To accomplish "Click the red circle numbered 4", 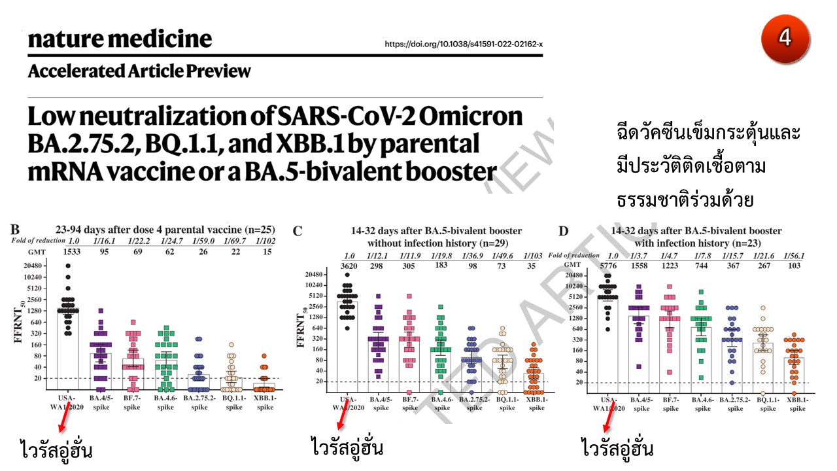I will [785, 37].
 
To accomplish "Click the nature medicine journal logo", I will [120, 39].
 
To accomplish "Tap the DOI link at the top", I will [464, 44].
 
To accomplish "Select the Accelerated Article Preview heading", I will [139, 71].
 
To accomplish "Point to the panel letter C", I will [298, 231].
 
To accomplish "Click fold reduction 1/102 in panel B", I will [265, 241].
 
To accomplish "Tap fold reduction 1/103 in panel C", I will [536, 255].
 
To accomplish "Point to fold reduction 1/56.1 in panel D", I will [794, 256].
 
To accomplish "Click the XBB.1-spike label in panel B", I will [265, 402].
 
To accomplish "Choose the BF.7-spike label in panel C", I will [409, 403].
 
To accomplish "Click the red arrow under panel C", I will [350, 419].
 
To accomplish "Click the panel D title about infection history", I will [696, 237].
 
